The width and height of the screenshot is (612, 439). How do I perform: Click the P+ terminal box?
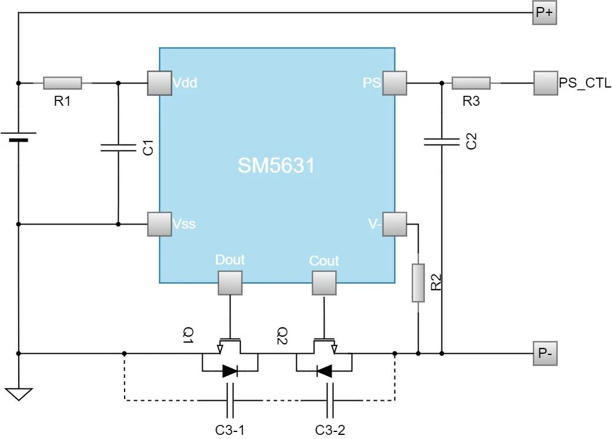point(544,14)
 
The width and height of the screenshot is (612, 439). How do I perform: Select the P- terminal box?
point(544,353)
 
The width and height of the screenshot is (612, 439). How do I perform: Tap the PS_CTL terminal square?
point(546,83)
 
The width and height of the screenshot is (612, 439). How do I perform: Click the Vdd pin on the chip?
point(159,83)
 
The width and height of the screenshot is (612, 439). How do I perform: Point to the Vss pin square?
point(159,224)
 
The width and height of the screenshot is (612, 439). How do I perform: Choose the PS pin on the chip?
point(394,83)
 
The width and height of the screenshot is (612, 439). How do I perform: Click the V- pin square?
point(394,224)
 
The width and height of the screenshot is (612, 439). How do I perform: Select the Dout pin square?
point(230,283)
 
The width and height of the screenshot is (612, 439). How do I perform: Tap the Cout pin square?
point(324,283)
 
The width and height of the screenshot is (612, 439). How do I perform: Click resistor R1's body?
point(62,83)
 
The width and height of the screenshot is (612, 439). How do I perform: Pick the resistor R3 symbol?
point(471,83)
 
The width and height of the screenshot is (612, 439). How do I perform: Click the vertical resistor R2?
point(418,283)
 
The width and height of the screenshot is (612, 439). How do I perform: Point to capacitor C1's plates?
point(118,148)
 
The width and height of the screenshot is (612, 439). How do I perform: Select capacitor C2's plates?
point(442,141)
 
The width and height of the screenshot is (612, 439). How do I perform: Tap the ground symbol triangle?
point(19,393)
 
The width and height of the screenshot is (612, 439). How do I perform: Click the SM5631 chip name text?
point(276,166)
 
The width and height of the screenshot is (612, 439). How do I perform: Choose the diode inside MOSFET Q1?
point(230,371)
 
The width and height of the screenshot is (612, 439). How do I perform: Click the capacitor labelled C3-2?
point(330,400)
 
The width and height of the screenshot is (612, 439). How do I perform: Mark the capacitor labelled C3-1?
point(230,400)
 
